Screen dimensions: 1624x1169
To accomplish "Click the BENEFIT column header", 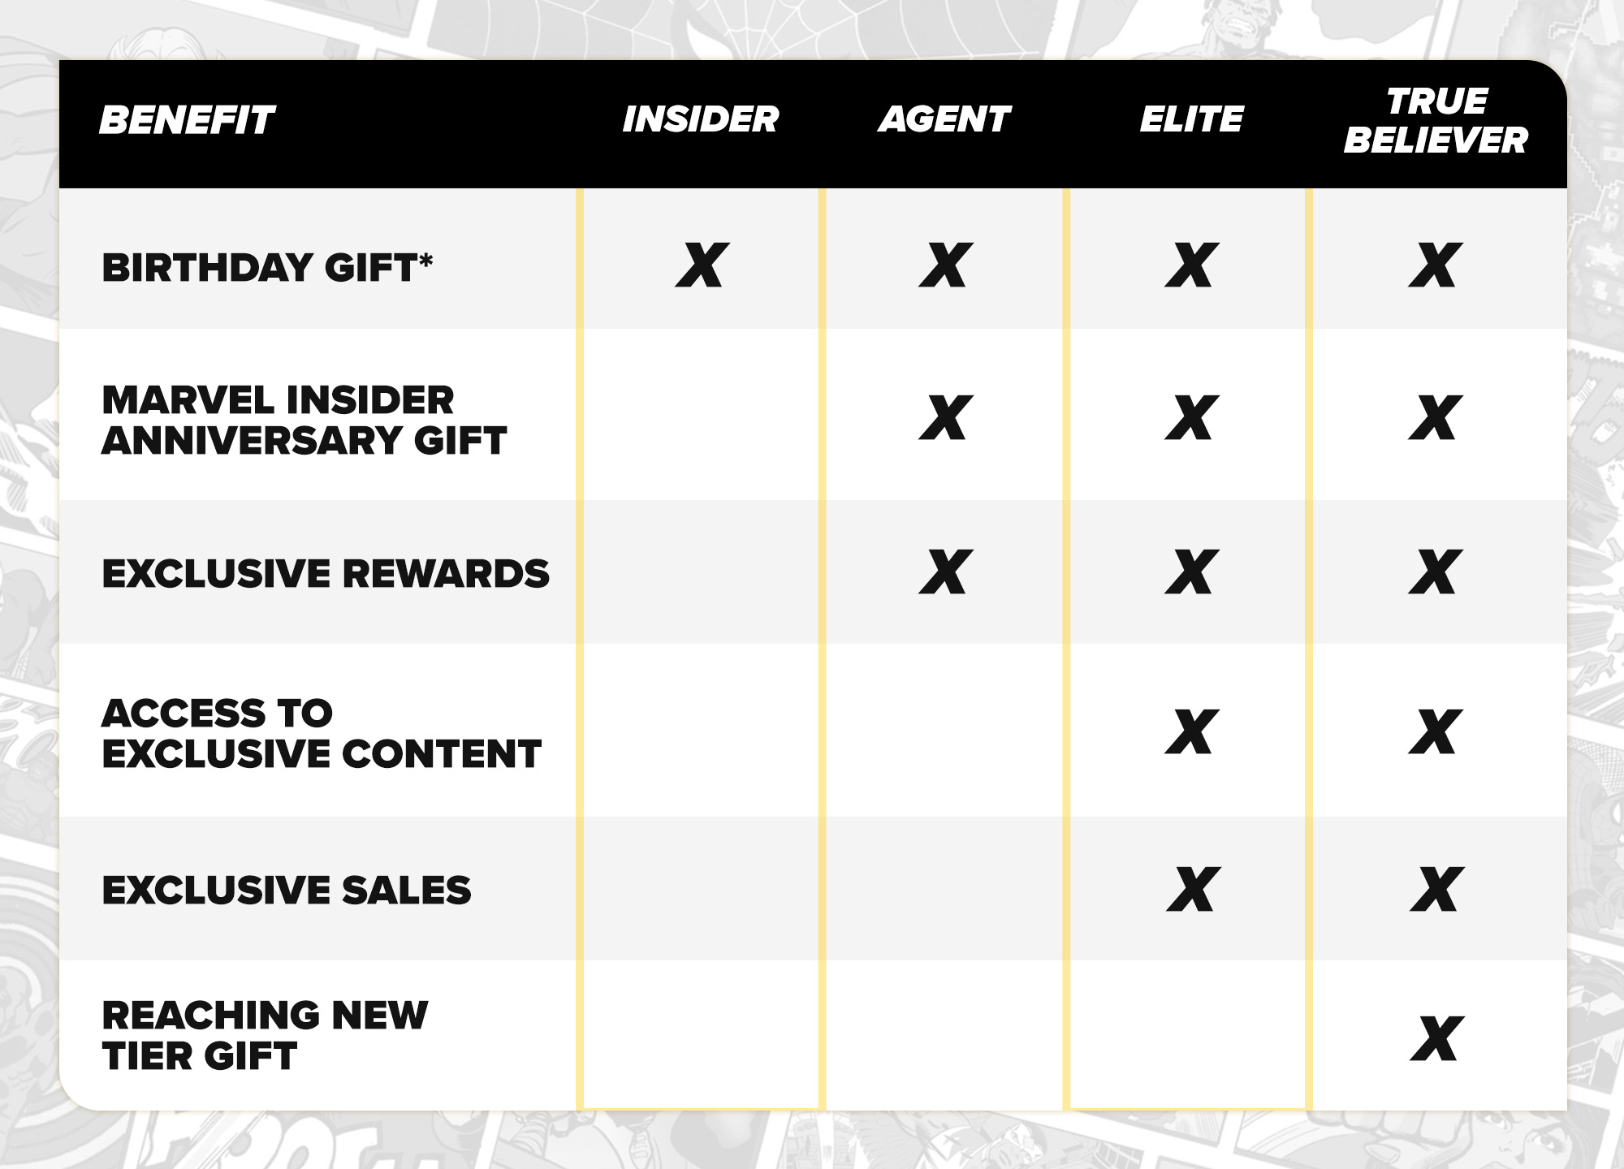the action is (x=187, y=120).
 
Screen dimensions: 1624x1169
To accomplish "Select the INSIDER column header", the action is (x=700, y=119).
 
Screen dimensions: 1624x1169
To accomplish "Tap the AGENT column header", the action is (x=944, y=119).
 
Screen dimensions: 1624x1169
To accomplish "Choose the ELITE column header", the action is (x=1191, y=119).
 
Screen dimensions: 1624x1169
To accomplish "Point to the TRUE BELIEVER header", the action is (x=1436, y=120).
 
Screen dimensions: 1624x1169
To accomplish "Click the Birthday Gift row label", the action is (x=267, y=267).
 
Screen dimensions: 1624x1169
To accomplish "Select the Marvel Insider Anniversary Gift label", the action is (x=304, y=420).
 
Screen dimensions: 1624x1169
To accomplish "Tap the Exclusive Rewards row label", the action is (x=326, y=573).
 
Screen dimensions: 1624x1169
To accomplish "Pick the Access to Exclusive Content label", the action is (x=322, y=733).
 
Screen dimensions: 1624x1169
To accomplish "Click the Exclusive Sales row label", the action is (x=287, y=890).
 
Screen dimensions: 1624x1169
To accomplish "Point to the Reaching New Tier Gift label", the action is (x=265, y=1035).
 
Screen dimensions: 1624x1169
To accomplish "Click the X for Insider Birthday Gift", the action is (x=702, y=265).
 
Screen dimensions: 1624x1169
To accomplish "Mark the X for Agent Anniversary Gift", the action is (x=946, y=417).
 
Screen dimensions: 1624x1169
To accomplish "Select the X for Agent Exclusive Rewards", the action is (x=946, y=572).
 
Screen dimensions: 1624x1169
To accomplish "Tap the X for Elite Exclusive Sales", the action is (x=1193, y=889).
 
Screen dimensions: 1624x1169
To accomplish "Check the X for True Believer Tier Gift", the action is (x=1437, y=1038).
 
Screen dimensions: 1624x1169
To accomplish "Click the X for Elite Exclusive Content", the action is (x=1192, y=731).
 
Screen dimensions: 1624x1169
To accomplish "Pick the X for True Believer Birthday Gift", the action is (x=1436, y=265).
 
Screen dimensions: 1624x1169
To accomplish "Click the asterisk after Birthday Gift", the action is (x=425, y=260).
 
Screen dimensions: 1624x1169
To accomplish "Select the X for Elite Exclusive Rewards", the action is (x=1192, y=572).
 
